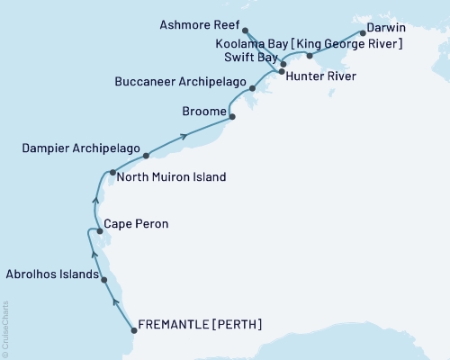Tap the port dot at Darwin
(363, 33)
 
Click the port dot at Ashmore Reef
(246, 31)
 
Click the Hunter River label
(321, 76)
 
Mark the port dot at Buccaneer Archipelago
(253, 88)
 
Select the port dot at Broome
(232, 117)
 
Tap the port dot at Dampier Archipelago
(146, 156)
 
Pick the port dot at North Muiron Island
(112, 172)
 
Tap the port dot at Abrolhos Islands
(105, 280)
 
